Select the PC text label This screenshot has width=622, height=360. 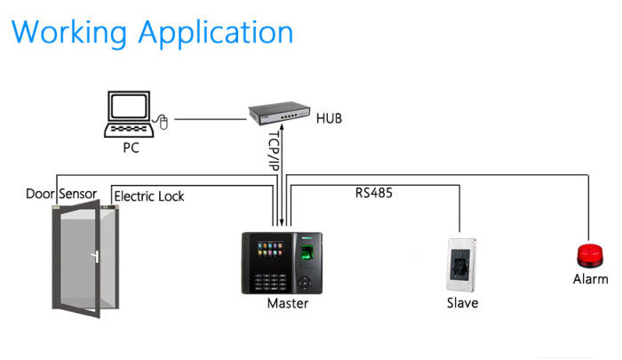[131, 148]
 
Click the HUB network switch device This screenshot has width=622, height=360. [277, 114]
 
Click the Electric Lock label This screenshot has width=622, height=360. [148, 196]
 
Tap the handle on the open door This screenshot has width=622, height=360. [92, 260]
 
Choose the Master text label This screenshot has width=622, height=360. [288, 304]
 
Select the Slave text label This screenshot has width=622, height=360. [462, 303]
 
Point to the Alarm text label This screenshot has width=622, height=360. [590, 279]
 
